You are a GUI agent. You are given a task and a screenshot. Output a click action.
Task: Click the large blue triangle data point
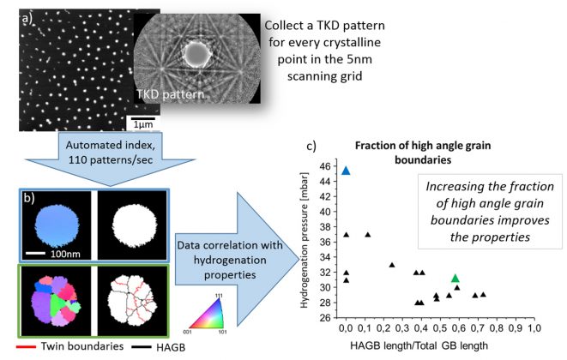pyautogui.click(x=346, y=171)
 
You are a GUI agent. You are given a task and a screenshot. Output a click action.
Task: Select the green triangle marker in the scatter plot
pyautogui.click(x=455, y=278)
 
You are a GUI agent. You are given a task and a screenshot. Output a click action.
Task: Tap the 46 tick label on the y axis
pyautogui.click(x=325, y=166)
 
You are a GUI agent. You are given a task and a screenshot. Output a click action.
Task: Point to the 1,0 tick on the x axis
pyautogui.click(x=534, y=327)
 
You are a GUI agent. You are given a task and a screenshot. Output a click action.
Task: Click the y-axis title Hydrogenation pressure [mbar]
pyautogui.click(x=305, y=240)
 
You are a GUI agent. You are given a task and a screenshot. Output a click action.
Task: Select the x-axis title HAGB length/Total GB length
pyautogui.click(x=419, y=345)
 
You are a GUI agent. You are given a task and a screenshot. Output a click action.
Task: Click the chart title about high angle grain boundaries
pyautogui.click(x=423, y=153)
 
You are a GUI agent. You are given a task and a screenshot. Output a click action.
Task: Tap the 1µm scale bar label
pyautogui.click(x=143, y=124)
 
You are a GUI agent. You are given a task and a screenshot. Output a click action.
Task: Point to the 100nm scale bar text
pyautogui.click(x=65, y=254)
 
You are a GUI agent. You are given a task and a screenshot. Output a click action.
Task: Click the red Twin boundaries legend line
pyautogui.click(x=26, y=347)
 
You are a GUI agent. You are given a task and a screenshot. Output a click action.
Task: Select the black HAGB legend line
pyautogui.click(x=142, y=347)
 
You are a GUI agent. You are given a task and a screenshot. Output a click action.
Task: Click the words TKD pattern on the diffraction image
pyautogui.click(x=171, y=94)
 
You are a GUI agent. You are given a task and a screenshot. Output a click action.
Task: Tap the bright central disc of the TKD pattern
pyautogui.click(x=197, y=55)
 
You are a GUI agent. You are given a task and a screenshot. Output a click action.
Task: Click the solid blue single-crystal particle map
pyautogui.click(x=57, y=226)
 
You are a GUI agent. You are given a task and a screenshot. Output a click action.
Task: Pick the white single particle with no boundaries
pyautogui.click(x=135, y=226)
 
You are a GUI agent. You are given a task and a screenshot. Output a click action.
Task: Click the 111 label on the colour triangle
pyautogui.click(x=219, y=296)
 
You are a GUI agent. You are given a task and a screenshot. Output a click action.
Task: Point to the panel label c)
pyautogui.click(x=311, y=146)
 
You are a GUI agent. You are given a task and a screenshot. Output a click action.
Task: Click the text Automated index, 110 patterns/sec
pyautogui.click(x=111, y=153)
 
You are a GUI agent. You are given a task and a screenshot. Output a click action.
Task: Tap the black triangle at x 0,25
pyautogui.click(x=392, y=265)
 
